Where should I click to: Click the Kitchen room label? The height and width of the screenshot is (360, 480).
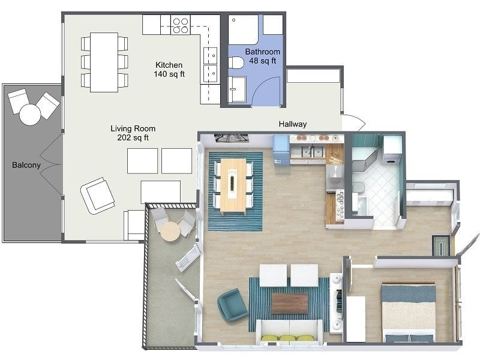pos(169,65)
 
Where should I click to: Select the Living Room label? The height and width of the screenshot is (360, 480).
pos(133,128)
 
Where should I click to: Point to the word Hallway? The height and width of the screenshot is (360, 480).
pos(293,124)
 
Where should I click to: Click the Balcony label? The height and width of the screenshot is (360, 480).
pos(26,165)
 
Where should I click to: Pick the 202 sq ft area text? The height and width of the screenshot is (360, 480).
pos(133,138)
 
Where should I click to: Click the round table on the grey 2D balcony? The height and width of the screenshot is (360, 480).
pos(29,113)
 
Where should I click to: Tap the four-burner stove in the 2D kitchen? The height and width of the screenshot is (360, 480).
pos(181,25)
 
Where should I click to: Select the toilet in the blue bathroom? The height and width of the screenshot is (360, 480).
pos(236,63)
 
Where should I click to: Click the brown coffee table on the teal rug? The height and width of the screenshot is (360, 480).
pos(289,303)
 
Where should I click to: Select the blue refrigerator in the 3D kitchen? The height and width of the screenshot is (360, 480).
pos(281,150)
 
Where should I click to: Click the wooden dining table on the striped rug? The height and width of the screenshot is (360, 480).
pos(233,185)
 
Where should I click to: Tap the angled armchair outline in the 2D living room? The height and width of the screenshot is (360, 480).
pos(97,195)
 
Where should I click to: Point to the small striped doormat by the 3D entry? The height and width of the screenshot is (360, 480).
pos(440,245)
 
